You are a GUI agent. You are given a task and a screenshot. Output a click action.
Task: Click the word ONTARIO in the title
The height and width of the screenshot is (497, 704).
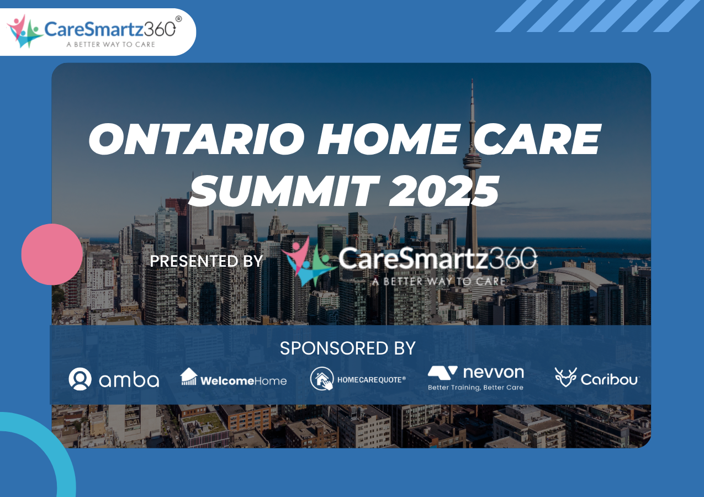pyautogui.click(x=197, y=139)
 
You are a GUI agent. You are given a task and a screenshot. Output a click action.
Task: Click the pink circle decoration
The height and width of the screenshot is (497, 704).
pyautogui.click(x=52, y=255)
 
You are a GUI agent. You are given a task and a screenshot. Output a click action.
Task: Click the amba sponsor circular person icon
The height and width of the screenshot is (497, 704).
pyautogui.click(x=80, y=379)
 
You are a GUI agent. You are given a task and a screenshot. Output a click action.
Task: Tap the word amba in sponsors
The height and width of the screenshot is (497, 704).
pyautogui.click(x=129, y=380)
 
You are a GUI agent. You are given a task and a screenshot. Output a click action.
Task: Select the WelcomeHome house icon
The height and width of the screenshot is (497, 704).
pyautogui.click(x=189, y=376)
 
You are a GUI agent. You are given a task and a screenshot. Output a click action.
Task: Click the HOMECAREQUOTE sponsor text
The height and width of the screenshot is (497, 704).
pyautogui.click(x=372, y=380)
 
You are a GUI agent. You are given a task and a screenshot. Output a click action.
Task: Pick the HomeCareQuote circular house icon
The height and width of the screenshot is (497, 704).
pyautogui.click(x=322, y=378)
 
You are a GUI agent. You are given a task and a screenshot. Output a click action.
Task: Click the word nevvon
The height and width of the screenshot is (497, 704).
pyautogui.click(x=494, y=372)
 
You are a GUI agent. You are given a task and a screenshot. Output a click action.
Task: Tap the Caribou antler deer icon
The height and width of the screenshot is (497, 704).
pyautogui.click(x=566, y=377)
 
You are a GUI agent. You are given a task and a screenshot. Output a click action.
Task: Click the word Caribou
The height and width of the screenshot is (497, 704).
pyautogui.click(x=609, y=379)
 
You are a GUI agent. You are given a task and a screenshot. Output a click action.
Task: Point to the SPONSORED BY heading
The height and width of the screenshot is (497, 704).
pyautogui.click(x=348, y=348)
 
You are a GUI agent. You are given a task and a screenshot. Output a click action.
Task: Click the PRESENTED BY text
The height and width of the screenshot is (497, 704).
pyautogui.click(x=206, y=261)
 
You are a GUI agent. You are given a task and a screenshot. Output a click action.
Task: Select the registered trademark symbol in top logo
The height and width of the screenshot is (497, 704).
pyautogui.click(x=178, y=19)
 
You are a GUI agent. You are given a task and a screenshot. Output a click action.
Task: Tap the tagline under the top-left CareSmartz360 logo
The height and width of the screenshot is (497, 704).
pyautogui.click(x=110, y=44)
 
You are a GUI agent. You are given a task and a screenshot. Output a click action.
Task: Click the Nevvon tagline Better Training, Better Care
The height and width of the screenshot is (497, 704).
pyautogui.click(x=475, y=387)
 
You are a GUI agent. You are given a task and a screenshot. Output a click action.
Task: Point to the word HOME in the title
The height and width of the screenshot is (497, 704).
pyautogui.click(x=389, y=139)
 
